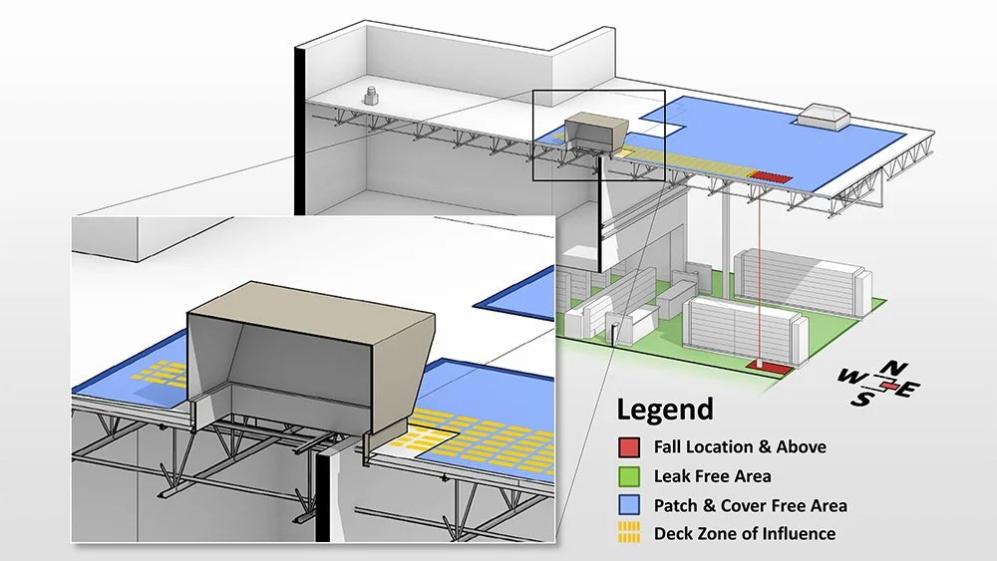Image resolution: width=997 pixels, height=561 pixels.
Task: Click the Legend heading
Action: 665,409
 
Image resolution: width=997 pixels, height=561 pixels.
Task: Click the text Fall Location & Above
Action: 740,447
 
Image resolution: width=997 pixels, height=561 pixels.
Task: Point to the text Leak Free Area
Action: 712,476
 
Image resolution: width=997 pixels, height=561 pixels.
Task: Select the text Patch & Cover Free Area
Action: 750,505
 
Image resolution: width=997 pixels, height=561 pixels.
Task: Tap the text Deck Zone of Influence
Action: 745,534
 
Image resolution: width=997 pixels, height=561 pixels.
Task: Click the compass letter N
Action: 896,368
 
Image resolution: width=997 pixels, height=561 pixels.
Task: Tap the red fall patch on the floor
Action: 770,367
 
